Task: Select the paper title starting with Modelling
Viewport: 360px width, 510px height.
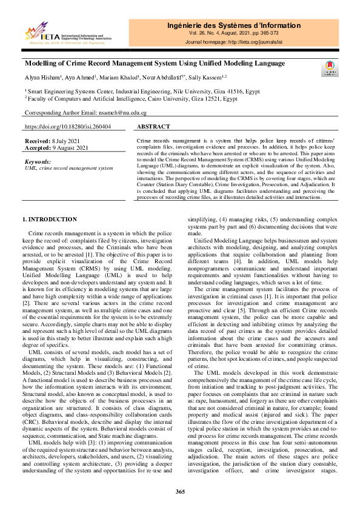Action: (155, 63)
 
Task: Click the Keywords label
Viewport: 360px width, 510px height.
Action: (37, 162)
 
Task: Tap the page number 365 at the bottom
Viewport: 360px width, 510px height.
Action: (180, 491)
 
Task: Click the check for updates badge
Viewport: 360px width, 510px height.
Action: (329, 68)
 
